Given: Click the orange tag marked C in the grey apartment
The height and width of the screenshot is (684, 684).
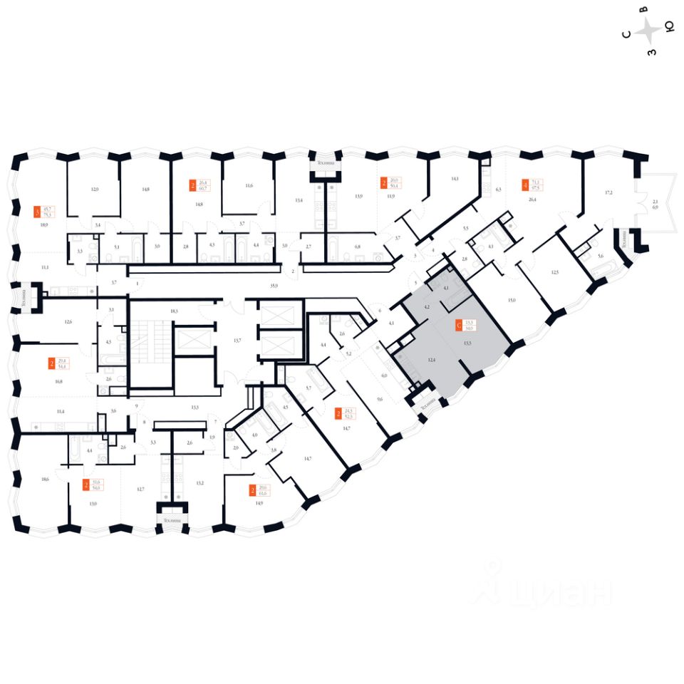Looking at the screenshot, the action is point(458,326).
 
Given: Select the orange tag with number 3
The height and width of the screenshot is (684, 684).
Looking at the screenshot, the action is point(36,212).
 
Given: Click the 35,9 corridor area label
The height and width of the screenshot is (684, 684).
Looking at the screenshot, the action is point(273,285).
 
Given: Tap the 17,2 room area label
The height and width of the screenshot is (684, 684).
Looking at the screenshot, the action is point(608,193).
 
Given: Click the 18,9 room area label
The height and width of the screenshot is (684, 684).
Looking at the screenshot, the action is point(43,224).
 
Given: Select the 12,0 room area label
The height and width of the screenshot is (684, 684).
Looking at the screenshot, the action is point(94,190).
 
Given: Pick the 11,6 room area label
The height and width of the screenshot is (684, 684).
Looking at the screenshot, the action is point(249,186).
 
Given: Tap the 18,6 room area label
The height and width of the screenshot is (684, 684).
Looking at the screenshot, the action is point(46,480).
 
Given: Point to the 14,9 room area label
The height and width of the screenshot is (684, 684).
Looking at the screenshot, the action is point(259,503).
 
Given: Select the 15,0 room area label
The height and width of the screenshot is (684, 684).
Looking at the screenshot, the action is point(511,301).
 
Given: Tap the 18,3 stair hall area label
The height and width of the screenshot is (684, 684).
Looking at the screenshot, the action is point(173,311).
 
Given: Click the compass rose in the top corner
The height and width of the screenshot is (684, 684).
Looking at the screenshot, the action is point(648,31).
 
